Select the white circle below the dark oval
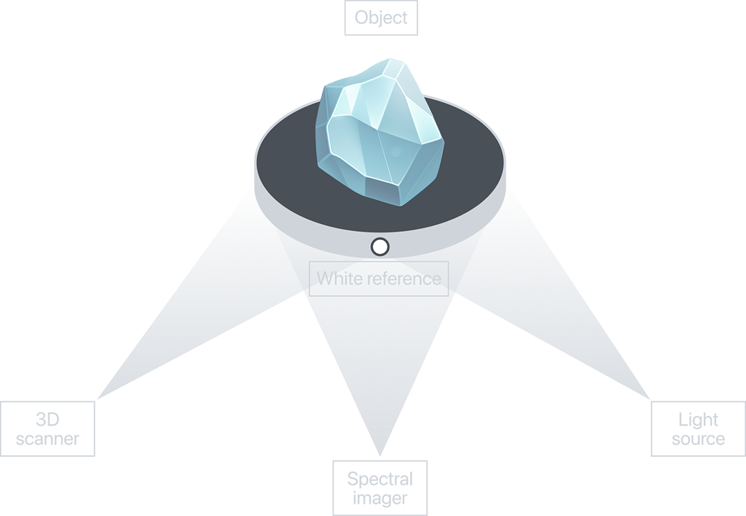point(380,246)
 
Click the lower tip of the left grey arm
point(93,398)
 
